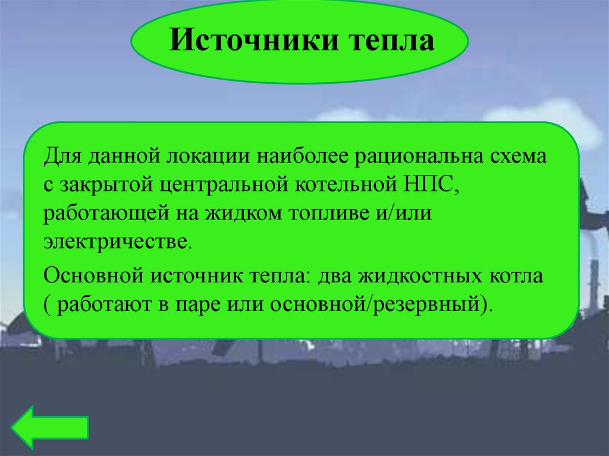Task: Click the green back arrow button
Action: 50,427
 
